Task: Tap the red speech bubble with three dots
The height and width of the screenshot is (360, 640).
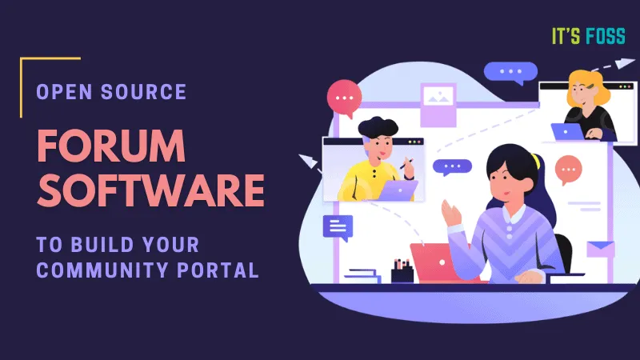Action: coord(345,97)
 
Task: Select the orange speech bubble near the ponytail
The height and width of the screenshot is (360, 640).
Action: coord(568,169)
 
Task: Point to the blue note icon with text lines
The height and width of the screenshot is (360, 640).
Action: coord(338,227)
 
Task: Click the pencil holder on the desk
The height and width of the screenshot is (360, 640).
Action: coord(402,269)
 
